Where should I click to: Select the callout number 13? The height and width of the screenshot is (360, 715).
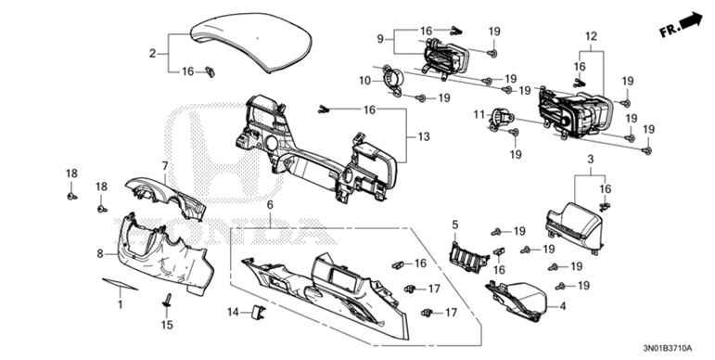click(x=424, y=137)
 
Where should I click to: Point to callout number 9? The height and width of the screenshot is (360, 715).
click(x=380, y=39)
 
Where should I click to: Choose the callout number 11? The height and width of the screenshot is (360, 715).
click(x=479, y=115)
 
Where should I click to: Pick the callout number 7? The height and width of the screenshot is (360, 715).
click(x=166, y=166)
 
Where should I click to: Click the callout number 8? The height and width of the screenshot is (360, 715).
click(x=100, y=252)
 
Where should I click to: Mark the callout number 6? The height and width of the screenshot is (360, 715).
click(x=270, y=204)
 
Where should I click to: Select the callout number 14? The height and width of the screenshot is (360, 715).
click(x=234, y=311)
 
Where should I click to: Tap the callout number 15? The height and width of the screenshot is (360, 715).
click(x=168, y=325)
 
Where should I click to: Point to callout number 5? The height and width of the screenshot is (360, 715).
click(x=455, y=225)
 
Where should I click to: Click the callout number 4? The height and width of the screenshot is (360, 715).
click(x=561, y=305)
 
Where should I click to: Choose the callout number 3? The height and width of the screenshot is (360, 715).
click(x=589, y=161)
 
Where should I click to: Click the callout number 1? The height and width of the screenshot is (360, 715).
click(x=119, y=303)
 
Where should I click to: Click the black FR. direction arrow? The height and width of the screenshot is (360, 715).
click(x=692, y=18)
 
